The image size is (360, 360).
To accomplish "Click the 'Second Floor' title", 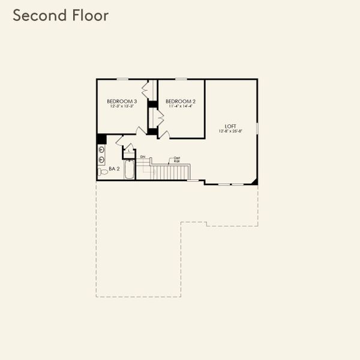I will [61, 15].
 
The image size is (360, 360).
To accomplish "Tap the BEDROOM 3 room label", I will [122, 101].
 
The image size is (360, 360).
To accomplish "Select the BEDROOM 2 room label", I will [181, 101].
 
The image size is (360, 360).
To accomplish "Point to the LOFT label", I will [230, 125].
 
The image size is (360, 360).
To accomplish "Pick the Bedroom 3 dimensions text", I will [122, 107].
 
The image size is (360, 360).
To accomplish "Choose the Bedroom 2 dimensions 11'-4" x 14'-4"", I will [181, 107].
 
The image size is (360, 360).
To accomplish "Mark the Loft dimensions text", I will [230, 131].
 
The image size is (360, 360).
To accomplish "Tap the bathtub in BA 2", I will [130, 170].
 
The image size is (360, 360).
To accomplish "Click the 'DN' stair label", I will [143, 157].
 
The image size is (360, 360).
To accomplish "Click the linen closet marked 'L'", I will [130, 151].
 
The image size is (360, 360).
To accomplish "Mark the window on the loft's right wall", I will [257, 128].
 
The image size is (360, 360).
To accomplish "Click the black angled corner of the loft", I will [254, 181].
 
